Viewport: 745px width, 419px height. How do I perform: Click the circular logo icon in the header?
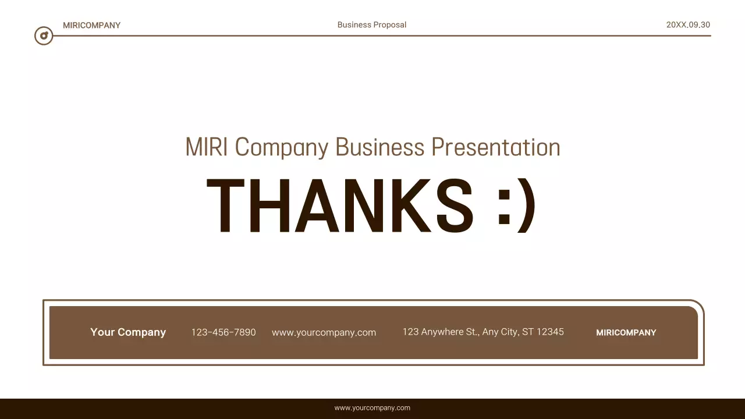coord(44,35)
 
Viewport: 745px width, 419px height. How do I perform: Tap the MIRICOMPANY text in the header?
coord(91,26)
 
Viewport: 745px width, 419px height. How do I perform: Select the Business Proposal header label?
coord(372,25)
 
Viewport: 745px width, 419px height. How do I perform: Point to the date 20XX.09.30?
coord(688,25)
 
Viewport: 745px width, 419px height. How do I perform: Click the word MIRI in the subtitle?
coord(207,147)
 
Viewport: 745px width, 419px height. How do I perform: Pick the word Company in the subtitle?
coord(282,148)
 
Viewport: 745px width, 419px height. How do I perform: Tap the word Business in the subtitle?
coord(380,147)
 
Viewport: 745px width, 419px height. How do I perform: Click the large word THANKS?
coord(340,206)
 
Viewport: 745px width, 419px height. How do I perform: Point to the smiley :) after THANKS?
coord(516,207)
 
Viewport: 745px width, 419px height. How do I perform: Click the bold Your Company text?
coord(128,332)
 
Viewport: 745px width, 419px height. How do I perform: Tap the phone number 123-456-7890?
coord(223,332)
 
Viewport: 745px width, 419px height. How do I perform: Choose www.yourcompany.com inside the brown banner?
coord(324,333)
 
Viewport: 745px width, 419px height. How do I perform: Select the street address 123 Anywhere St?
coord(441,332)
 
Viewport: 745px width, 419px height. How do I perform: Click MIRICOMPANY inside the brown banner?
coord(626,333)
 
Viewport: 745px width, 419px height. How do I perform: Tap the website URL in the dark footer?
coord(372,408)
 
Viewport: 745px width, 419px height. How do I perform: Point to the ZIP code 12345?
coord(550,332)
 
